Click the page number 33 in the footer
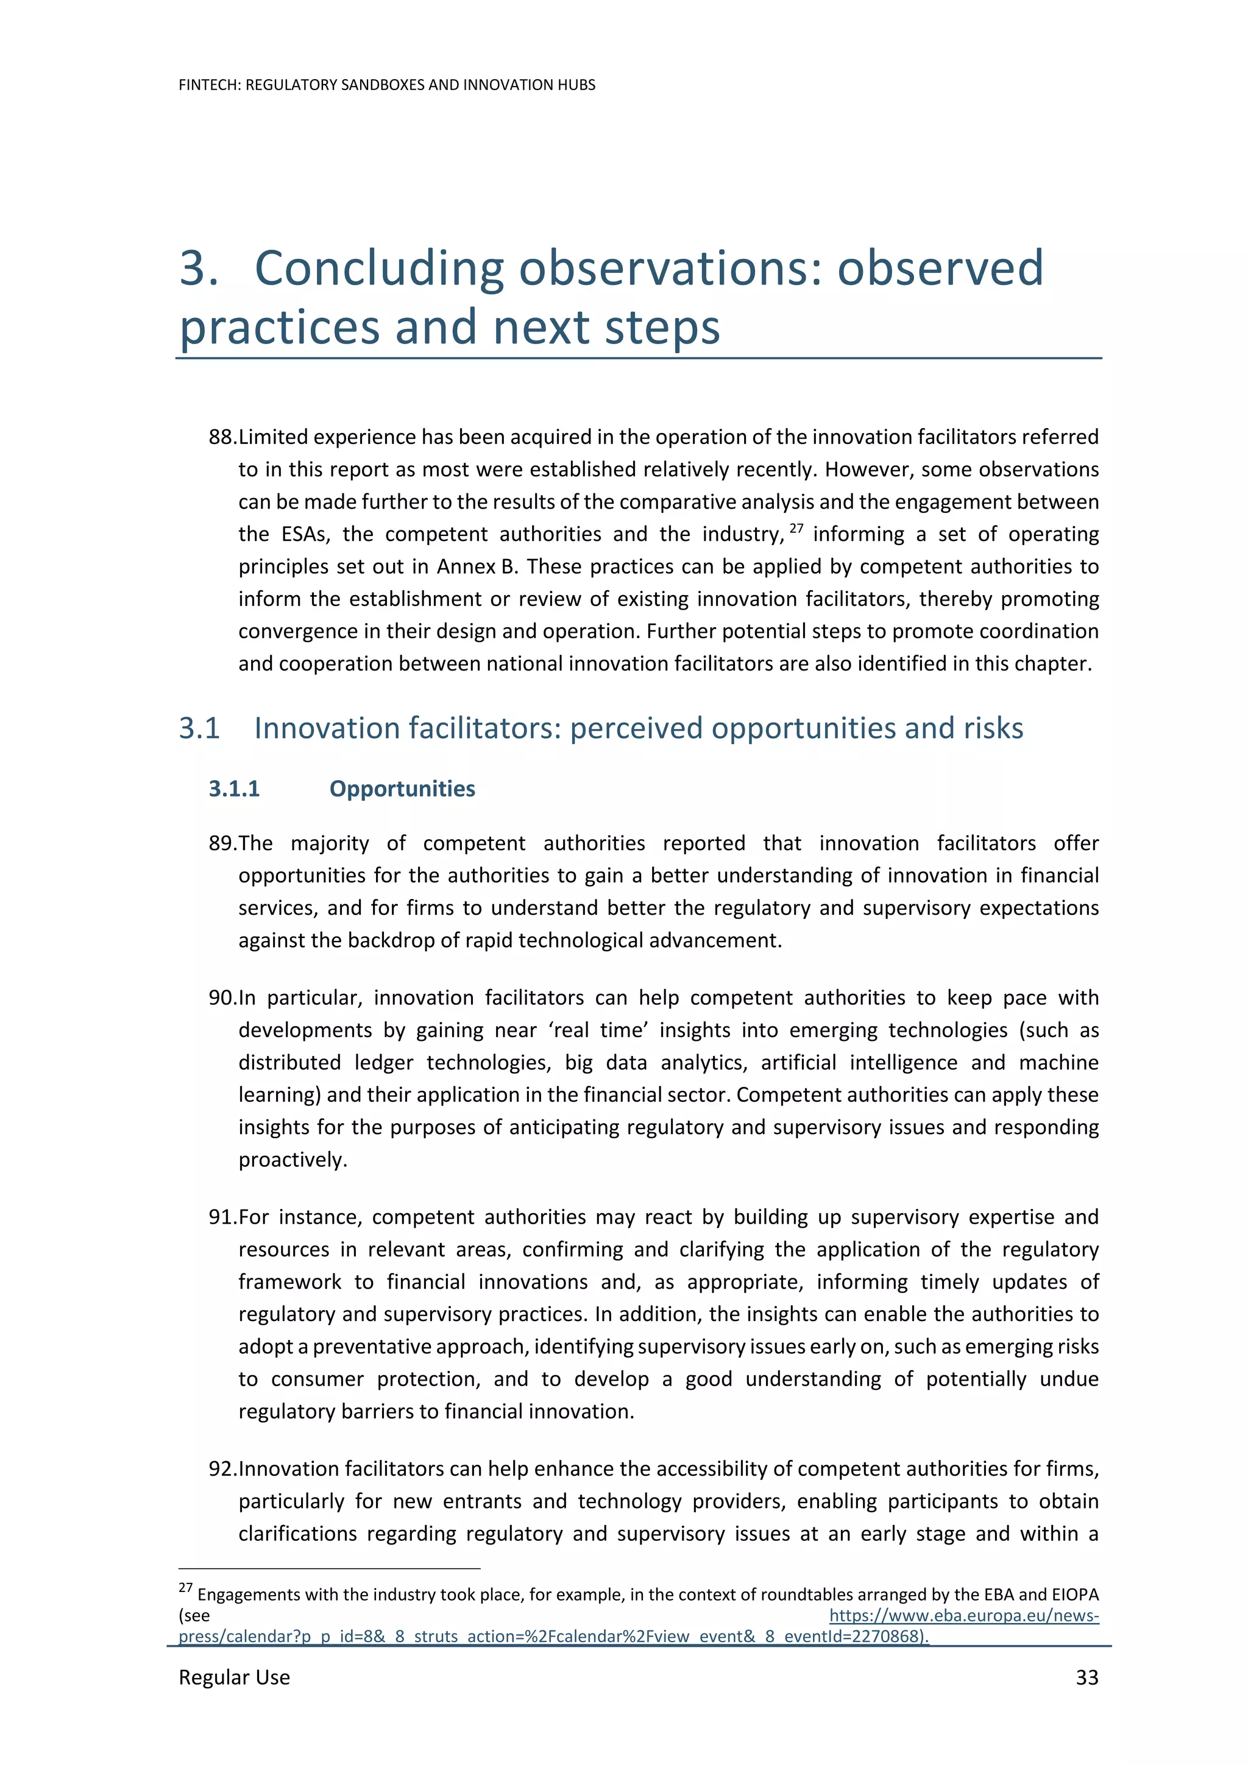[1086, 1677]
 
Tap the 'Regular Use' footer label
[234, 1677]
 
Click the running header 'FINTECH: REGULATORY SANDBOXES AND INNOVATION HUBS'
[387, 85]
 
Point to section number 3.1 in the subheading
[199, 728]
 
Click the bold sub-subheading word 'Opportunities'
[402, 789]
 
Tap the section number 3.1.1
[234, 789]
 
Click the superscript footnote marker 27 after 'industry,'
[796, 528]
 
